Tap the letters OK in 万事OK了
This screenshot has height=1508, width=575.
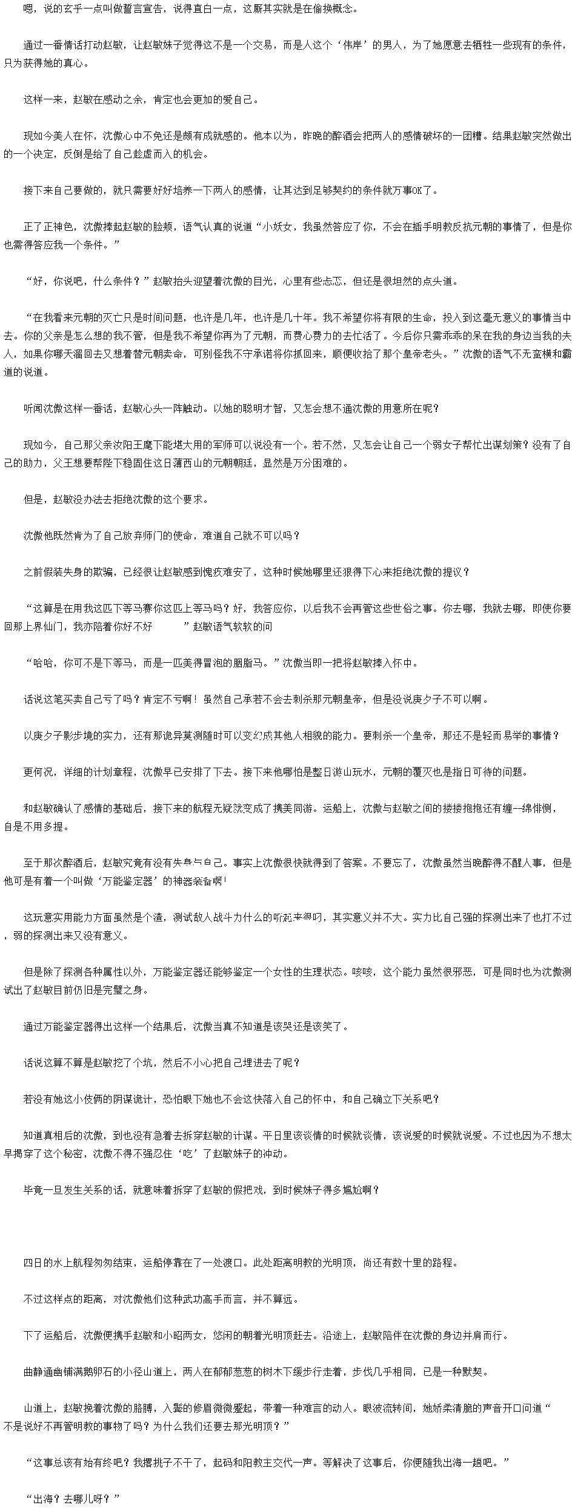[x=417, y=190]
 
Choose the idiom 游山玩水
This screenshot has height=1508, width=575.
[x=382, y=772]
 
